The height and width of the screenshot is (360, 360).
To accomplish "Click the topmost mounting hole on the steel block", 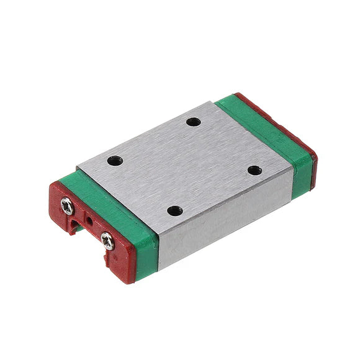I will click(194, 122).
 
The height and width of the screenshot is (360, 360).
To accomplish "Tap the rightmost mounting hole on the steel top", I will click(254, 170).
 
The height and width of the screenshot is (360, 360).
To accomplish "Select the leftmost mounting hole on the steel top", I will click(115, 161).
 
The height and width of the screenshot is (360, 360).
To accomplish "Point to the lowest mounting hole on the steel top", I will click(176, 210).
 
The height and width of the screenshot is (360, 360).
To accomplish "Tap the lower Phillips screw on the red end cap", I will click(108, 240).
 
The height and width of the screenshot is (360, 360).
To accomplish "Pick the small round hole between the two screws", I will click(88, 220).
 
